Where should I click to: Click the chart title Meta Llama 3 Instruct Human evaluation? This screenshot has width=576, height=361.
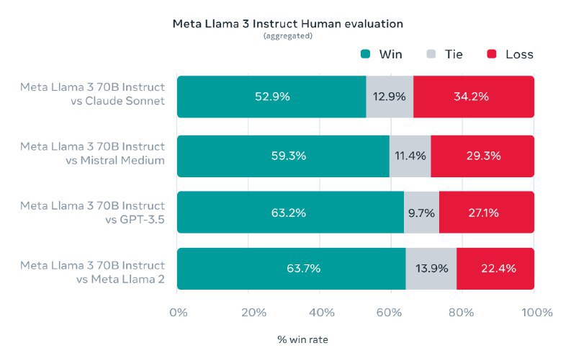[x=287, y=24]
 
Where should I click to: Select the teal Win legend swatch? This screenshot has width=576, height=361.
[x=365, y=54]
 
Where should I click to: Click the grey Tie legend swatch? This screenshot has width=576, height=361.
[x=431, y=54]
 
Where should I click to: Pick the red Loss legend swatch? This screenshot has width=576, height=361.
[x=492, y=54]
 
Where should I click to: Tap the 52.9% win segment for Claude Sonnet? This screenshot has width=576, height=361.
[x=271, y=97]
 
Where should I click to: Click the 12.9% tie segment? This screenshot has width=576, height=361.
[x=390, y=97]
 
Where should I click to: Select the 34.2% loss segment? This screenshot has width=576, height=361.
[x=474, y=97]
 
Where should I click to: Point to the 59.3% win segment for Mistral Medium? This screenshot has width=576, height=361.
[x=283, y=156]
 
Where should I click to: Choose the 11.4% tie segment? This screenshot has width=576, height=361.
[x=410, y=156]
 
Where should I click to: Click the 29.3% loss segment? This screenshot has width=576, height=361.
[x=482, y=156]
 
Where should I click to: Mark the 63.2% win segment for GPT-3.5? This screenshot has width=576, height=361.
[x=290, y=213]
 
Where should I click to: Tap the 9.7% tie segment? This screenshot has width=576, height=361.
[x=421, y=213]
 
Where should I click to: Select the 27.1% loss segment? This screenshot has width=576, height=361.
[x=486, y=213]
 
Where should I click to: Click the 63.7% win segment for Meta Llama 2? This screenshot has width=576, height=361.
[x=291, y=269]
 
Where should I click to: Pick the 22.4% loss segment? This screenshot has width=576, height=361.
[x=495, y=269]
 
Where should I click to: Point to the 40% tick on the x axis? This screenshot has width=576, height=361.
[x=320, y=313]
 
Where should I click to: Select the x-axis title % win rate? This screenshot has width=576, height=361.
[x=302, y=338]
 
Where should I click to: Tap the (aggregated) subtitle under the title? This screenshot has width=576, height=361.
[x=287, y=36]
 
